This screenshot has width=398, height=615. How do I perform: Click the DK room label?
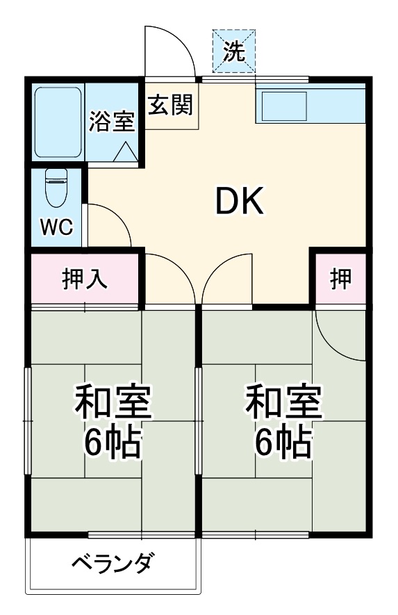238,202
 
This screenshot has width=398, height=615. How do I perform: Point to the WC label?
56,228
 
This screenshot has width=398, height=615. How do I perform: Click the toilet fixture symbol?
55,186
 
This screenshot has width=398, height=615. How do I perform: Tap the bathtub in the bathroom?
59,122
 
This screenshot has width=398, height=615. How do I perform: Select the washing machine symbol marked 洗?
233,51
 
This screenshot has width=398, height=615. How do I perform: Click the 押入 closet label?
85,279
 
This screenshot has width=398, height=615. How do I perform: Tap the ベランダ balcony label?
111,562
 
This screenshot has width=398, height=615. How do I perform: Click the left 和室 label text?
113,402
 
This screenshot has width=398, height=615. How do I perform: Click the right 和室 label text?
283,402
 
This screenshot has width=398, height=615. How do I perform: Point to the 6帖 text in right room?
283,441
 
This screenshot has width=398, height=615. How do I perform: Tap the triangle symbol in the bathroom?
126,152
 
